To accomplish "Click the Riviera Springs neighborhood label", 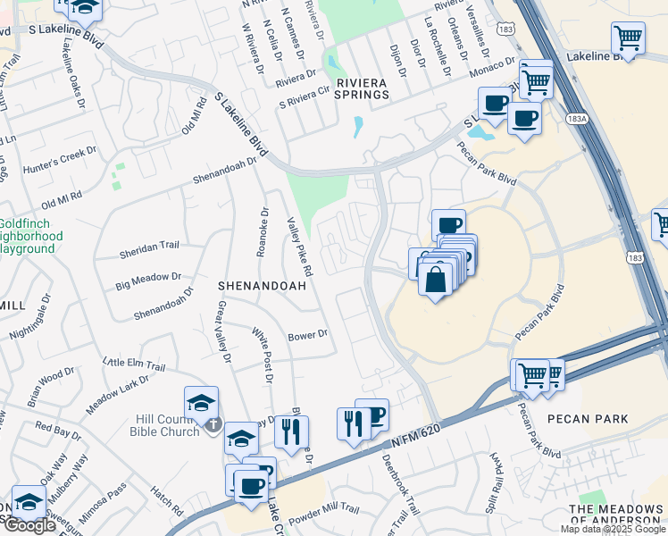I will tap(362, 88).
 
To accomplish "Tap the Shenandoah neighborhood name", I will tap(263, 286).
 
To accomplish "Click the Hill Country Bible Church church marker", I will tap(213, 423).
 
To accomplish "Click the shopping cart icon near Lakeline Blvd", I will tap(628, 39).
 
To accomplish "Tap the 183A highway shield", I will tap(576, 117).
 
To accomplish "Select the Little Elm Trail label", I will tap(134, 364).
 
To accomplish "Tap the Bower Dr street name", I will tap(308, 335).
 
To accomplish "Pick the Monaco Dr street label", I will tap(498, 67).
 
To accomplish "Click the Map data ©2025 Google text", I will tap(613, 529).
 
